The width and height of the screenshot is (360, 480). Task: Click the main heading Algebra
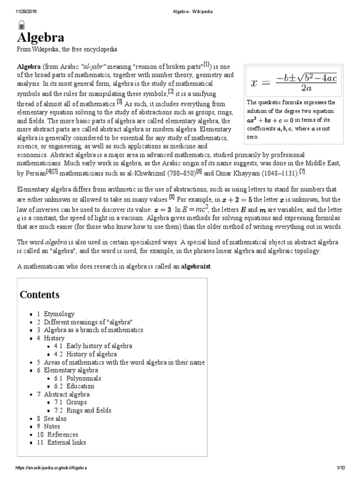tap(41, 37)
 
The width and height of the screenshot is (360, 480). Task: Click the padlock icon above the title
tap(21, 25)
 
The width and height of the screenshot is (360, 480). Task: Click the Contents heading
tap(39, 295)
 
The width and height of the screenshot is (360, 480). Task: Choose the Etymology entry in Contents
tap(59, 314)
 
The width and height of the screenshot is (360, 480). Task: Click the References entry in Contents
tap(62, 434)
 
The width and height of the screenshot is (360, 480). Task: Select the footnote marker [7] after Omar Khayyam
tap(302, 172)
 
